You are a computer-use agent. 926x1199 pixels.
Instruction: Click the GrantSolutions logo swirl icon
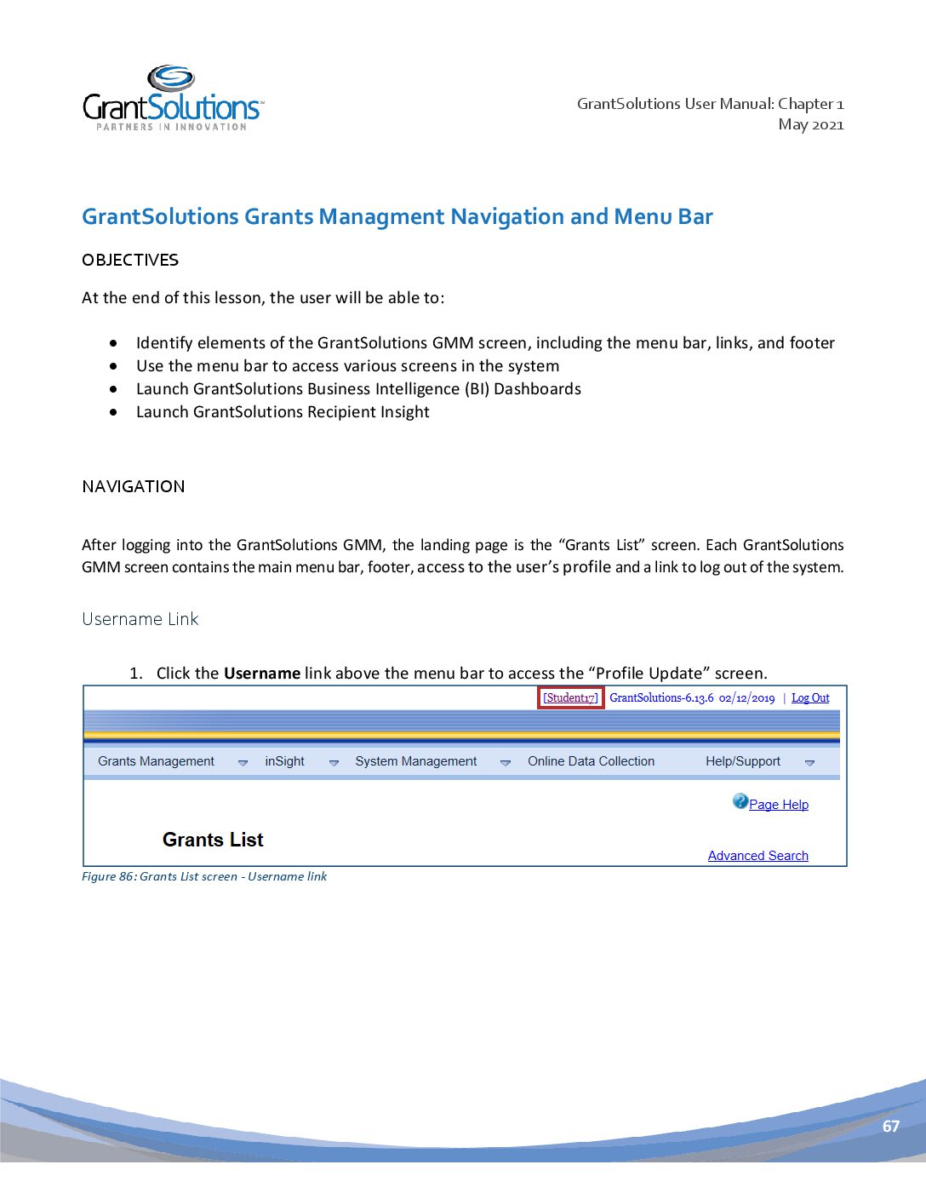(x=171, y=77)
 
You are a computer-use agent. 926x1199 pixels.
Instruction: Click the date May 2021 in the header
(x=810, y=124)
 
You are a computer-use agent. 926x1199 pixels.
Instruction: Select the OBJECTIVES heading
(x=130, y=260)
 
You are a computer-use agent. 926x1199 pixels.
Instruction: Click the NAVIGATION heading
(x=133, y=486)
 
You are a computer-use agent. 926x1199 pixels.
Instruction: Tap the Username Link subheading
(x=140, y=619)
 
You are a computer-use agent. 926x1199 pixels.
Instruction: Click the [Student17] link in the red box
(x=571, y=697)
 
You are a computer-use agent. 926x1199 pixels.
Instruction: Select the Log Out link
(x=810, y=697)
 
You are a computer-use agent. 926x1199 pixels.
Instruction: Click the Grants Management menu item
(x=156, y=761)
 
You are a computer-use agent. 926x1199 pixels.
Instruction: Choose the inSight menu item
(x=284, y=761)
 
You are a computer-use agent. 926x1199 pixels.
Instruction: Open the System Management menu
(x=415, y=761)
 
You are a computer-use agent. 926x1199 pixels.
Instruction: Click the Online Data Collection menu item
(x=591, y=761)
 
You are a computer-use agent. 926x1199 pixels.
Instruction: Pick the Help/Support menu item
(x=742, y=761)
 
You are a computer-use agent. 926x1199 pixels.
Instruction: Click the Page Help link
(x=778, y=805)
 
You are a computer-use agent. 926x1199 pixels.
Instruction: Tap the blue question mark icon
(x=740, y=801)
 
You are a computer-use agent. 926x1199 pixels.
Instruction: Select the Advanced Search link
(x=757, y=856)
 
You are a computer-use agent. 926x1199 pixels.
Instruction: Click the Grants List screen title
(x=213, y=840)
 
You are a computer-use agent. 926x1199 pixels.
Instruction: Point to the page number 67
(x=890, y=1126)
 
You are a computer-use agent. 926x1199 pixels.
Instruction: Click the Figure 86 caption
(x=204, y=876)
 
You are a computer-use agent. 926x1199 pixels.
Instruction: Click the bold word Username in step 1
(x=261, y=674)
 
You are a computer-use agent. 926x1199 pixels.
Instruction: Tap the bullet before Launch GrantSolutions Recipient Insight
(x=113, y=412)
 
